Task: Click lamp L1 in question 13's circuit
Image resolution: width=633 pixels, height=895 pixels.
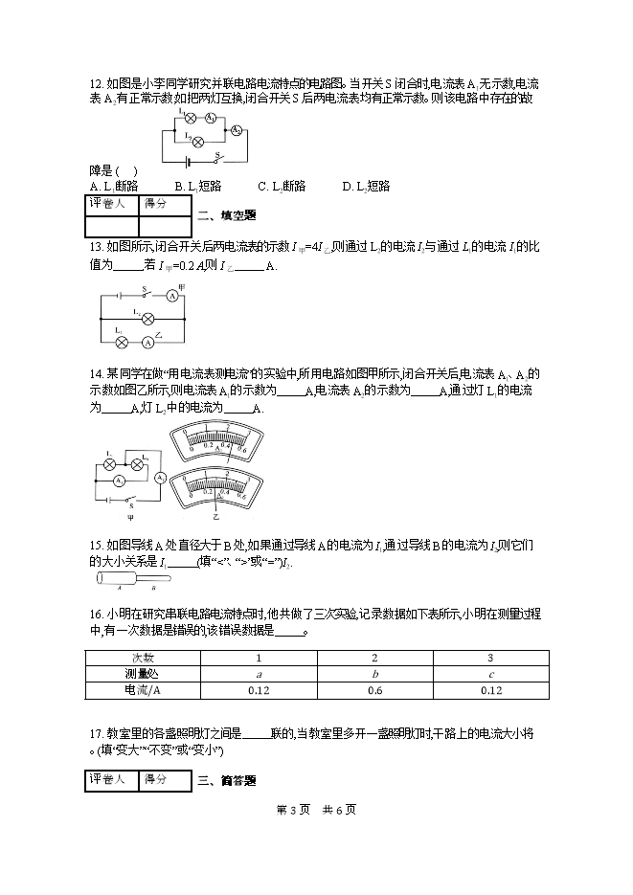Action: tap(122, 342)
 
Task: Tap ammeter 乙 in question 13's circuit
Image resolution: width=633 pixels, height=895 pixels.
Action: tap(148, 342)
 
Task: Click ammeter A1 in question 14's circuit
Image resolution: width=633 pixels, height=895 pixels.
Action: tap(120, 477)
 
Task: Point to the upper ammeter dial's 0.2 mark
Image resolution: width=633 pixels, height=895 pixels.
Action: tap(208, 446)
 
